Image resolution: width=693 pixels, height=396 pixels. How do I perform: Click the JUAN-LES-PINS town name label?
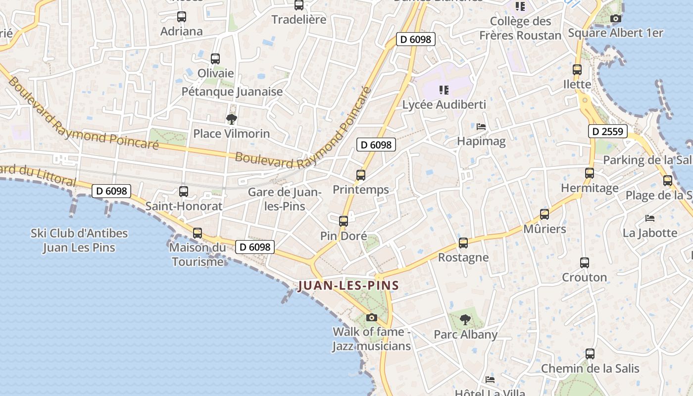tap(348, 286)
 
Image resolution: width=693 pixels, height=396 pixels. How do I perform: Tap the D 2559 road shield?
tap(608, 131)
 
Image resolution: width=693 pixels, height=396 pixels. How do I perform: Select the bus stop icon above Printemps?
tap(361, 175)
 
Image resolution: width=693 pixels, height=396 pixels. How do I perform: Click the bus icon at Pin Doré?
tap(344, 221)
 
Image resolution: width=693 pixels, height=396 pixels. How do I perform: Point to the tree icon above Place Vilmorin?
tap(231, 119)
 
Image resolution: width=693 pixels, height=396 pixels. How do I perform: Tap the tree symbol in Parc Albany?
tap(465, 320)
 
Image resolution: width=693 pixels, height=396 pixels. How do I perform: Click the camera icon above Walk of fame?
tap(372, 317)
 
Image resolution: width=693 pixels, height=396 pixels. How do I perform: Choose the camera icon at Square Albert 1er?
tap(615, 19)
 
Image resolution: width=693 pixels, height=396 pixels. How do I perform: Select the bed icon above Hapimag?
tap(481, 127)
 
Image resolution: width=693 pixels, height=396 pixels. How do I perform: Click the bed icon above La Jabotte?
tap(650, 218)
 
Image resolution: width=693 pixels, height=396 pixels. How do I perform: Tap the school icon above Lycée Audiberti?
tap(444, 90)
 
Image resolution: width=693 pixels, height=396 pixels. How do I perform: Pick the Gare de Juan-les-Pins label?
tap(285, 199)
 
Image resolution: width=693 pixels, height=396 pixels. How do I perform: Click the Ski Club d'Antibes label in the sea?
tap(79, 240)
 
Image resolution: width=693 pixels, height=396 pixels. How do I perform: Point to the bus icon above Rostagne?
tap(463, 243)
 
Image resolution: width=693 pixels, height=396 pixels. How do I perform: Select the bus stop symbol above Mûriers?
tap(544, 214)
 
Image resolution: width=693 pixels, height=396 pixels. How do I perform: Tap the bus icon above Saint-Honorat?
tap(184, 192)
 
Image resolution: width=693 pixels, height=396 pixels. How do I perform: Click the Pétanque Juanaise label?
tap(232, 92)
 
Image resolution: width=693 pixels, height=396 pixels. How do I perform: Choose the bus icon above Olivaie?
tap(215, 59)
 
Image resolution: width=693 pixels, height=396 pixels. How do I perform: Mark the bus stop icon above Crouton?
tap(585, 263)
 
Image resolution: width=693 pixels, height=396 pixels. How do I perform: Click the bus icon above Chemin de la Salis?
tap(590, 354)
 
